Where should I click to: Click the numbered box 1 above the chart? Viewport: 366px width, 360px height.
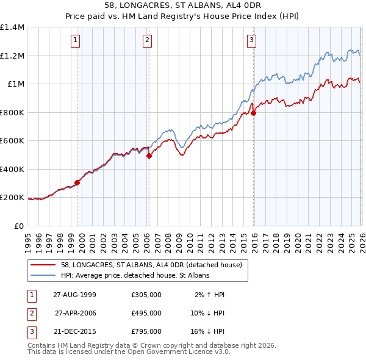click(76, 41)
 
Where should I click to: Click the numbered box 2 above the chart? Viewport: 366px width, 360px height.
click(148, 41)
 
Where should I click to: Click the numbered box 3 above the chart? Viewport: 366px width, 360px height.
click(251, 41)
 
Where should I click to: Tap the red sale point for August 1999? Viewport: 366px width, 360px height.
click(77, 182)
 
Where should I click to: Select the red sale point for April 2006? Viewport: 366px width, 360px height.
click(149, 156)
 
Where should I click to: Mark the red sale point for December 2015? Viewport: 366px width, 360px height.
click(253, 113)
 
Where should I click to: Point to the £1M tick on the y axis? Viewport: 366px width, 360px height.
click(15, 84)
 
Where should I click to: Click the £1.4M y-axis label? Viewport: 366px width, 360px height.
click(13, 27)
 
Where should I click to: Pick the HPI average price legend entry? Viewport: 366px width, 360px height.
click(135, 276)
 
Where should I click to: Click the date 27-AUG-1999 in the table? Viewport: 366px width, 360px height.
click(74, 295)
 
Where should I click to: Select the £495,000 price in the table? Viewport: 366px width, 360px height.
click(146, 313)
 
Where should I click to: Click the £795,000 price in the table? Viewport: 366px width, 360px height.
click(146, 331)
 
